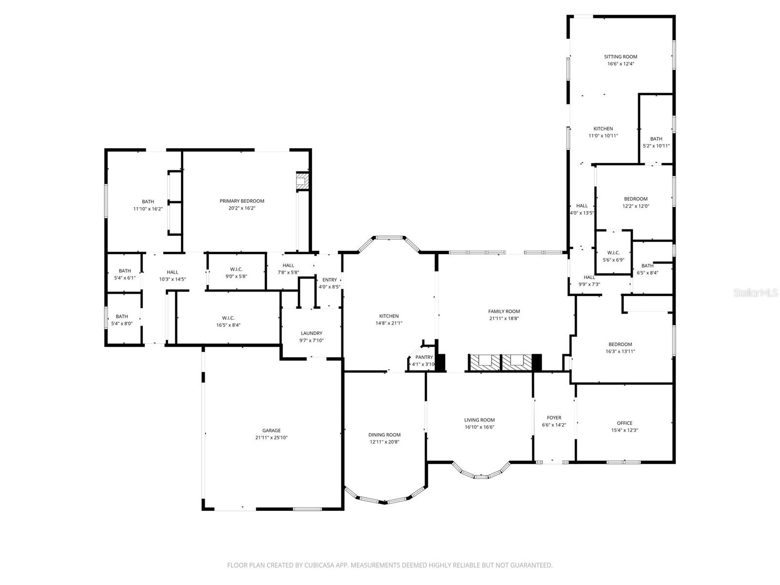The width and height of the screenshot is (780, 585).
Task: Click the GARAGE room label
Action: tap(272, 430)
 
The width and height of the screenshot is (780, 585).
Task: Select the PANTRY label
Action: tap(424, 357)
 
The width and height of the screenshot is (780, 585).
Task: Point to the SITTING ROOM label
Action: tap(621, 57)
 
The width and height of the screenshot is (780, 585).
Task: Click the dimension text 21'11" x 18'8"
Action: tap(504, 318)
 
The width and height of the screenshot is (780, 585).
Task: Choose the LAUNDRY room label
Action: tap(312, 333)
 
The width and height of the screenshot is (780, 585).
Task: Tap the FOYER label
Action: tap(554, 418)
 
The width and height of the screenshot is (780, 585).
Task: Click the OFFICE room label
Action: tap(624, 423)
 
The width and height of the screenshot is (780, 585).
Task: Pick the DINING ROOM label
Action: tap(384, 435)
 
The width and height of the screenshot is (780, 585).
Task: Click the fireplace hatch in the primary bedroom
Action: tap(303, 181)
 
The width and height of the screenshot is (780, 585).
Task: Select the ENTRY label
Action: tap(330, 280)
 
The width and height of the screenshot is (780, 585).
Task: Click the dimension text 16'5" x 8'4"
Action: tap(228, 325)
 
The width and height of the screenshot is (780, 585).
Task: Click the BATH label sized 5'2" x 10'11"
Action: tap(656, 139)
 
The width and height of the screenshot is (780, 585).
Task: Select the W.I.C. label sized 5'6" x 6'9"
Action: tap(613, 253)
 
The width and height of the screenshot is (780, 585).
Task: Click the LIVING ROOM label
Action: tap(479, 420)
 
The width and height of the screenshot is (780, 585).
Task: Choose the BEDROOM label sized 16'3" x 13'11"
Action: tap(620, 344)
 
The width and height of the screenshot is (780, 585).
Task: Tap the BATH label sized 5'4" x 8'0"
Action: tap(122, 316)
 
